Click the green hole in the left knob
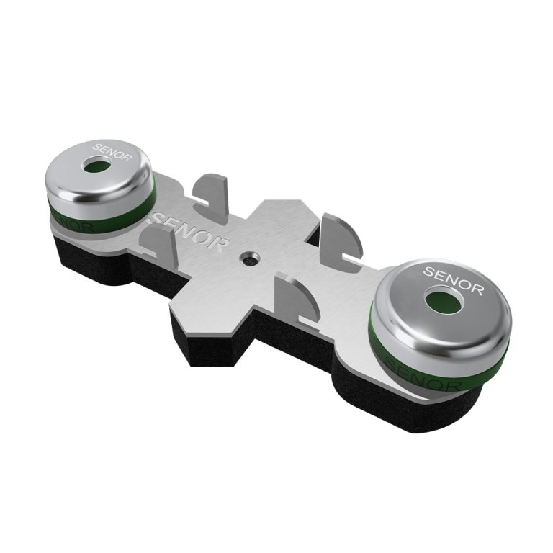tap(96, 166)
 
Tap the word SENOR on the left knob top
tap(112, 152)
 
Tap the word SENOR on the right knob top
tap(453, 280)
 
